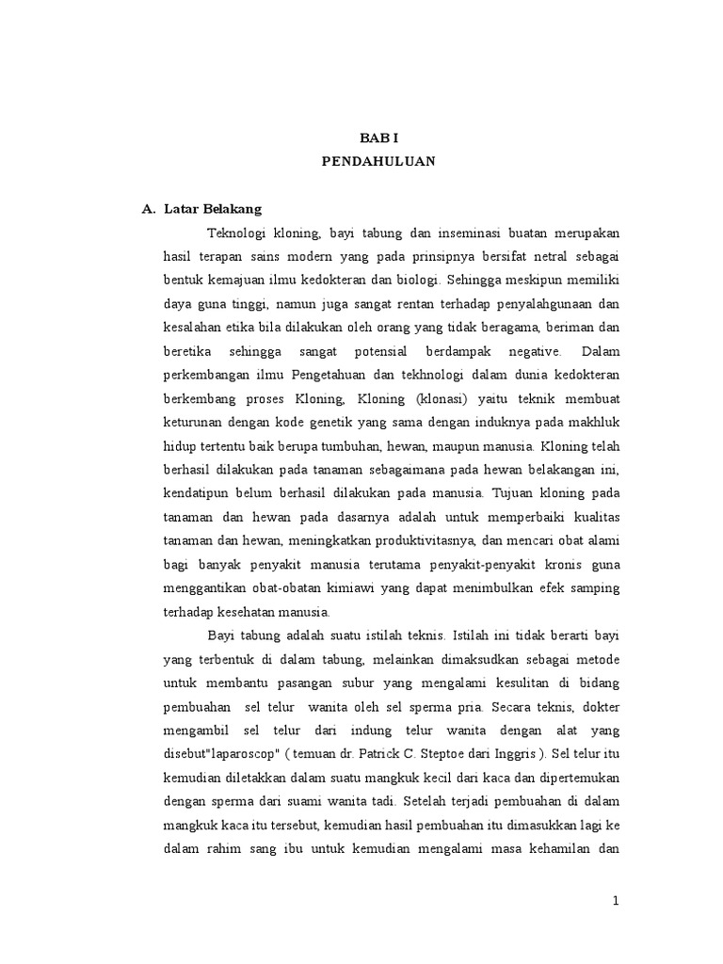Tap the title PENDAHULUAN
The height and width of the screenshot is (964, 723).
[378, 161]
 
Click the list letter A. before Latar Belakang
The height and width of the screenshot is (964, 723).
[148, 208]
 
